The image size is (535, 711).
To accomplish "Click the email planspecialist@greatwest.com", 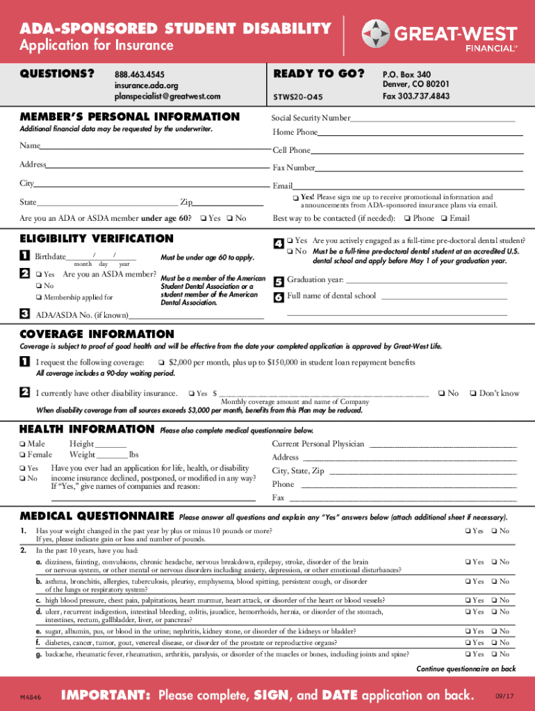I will click(167, 97).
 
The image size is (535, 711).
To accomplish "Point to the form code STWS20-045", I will click(299, 97).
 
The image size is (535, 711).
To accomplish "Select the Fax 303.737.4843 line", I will click(415, 97).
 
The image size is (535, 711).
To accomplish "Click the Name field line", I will click(154, 149).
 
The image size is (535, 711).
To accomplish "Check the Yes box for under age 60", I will click(203, 219).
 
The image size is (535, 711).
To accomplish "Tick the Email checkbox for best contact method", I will click(443, 219).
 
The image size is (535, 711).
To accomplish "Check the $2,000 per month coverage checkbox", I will click(161, 362).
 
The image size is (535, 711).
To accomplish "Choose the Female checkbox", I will click(23, 455).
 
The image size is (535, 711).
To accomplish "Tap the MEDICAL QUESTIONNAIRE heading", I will click(97, 516).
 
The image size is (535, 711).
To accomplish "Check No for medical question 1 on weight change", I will click(494, 531).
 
